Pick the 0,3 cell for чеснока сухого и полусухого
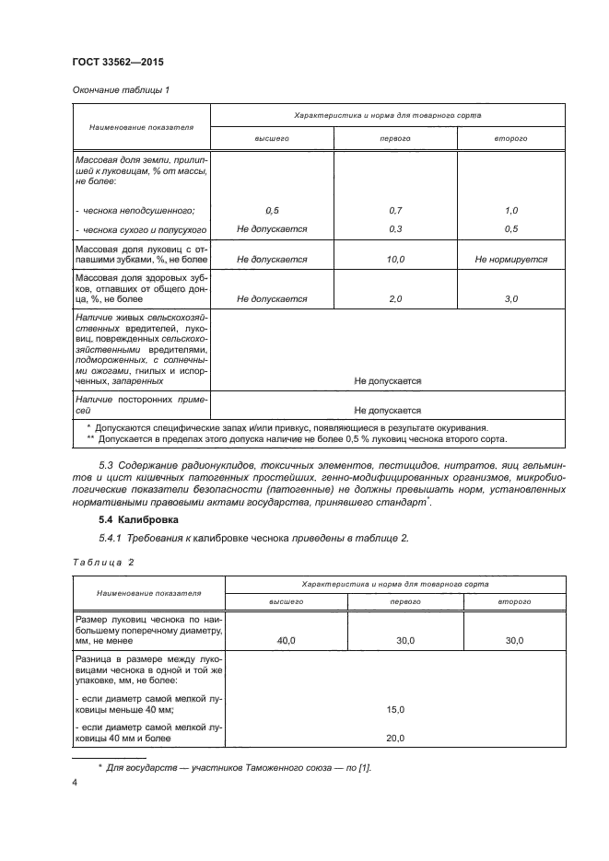pyautogui.click(x=396, y=228)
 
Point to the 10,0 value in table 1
pyautogui.click(x=396, y=260)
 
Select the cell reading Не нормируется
pyautogui.click(x=511, y=260)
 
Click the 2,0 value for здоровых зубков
pyautogui.click(x=396, y=299)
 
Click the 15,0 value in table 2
pyautogui.click(x=396, y=709)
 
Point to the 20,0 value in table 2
pyautogui.click(x=396, y=738)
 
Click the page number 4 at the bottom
pyautogui.click(x=74, y=783)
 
